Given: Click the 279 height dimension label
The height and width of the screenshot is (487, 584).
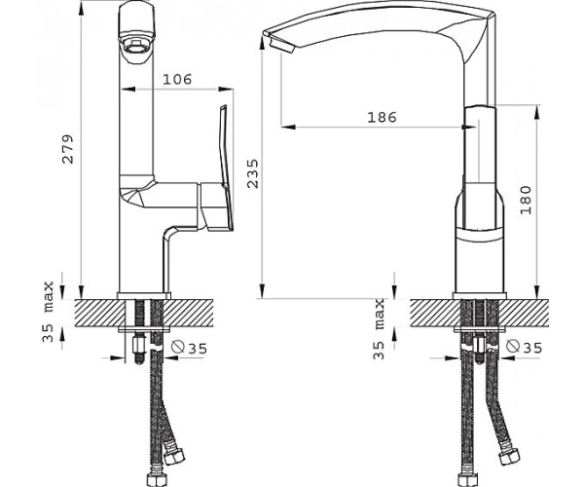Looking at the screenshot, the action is click(68, 149).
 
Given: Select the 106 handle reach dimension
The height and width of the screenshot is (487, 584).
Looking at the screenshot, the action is click(177, 79).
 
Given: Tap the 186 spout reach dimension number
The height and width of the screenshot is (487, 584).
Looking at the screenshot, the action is click(383, 118).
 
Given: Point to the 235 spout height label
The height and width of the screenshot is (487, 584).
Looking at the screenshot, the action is click(253, 173).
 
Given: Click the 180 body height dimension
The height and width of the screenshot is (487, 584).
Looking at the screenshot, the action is click(526, 200).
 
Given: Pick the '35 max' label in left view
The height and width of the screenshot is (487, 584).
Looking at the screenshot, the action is click(48, 312).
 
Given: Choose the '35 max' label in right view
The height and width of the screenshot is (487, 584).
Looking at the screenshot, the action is click(379, 328).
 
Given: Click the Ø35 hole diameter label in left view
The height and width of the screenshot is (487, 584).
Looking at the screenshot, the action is click(189, 348).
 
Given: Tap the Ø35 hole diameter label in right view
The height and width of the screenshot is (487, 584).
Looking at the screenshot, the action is click(525, 347).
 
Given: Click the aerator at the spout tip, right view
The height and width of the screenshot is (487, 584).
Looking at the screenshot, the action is click(281, 46).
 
